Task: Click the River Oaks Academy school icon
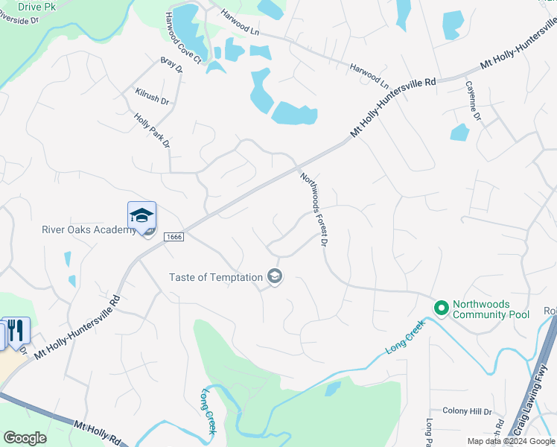coord(141,215)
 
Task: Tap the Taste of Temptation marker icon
coord(275,277)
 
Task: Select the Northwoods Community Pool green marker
coord(442,307)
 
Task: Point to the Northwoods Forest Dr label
coord(314,210)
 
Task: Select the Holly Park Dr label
coord(153,129)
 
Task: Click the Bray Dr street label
coord(171,65)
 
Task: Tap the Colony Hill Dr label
coord(467,411)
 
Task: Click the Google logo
coord(25,438)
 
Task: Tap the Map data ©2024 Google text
coord(511,441)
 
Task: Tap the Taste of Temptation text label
coord(216,277)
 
